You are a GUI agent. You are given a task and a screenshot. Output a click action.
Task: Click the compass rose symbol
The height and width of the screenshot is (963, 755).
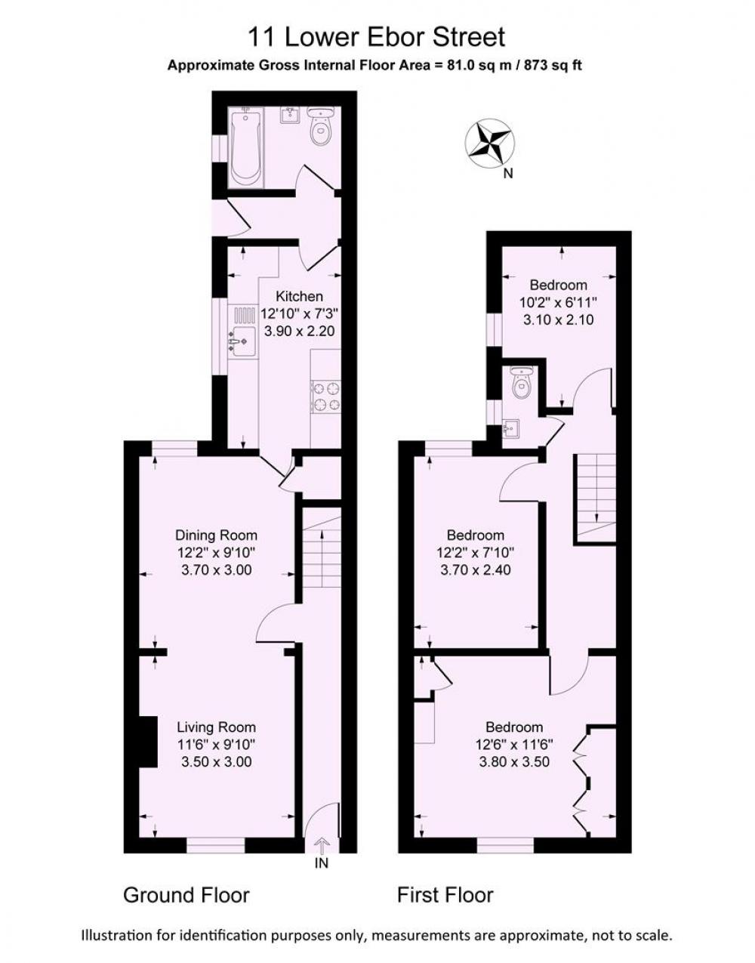490,144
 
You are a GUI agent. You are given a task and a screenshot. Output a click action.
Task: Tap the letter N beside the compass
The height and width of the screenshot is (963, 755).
508,174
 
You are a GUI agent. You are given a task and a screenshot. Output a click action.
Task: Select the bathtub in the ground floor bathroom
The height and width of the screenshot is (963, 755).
245,148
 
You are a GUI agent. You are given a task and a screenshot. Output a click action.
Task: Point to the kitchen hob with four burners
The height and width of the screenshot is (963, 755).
326,397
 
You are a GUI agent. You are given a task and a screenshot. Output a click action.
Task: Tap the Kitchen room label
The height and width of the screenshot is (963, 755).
299,296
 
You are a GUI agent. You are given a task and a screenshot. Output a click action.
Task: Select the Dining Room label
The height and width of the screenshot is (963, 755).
216,535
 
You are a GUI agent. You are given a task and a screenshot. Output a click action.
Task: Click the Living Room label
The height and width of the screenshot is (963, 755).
217,727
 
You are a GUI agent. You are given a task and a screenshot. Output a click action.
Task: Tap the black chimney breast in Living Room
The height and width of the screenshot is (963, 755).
149,742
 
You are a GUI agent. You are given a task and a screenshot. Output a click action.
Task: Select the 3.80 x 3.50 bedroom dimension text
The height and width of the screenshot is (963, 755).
514,761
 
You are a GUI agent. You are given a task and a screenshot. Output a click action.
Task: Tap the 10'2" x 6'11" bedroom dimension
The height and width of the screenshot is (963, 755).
559,303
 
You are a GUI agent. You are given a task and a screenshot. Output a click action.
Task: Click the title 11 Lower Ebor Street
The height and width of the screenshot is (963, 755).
377,37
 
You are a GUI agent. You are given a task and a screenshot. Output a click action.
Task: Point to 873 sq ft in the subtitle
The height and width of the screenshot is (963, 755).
553,66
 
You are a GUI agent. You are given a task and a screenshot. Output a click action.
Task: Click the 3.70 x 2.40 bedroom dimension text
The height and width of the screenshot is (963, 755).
476,569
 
